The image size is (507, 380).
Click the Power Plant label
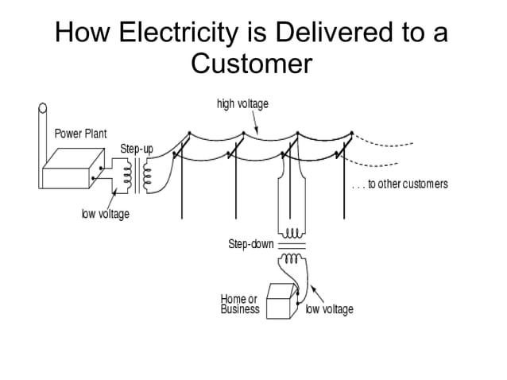[80, 133]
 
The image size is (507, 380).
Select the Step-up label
[137, 149]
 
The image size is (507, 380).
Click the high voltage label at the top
[242, 104]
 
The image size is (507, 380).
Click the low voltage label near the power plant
[105, 215]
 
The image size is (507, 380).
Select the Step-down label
[250, 244]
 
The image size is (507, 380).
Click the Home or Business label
[240, 304]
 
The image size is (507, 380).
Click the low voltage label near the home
[330, 309]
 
